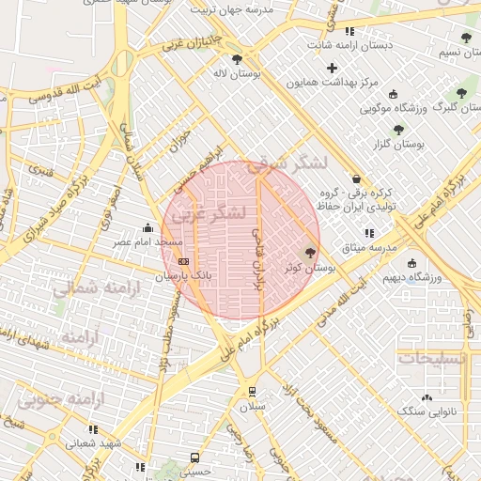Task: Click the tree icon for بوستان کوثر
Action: [311, 252]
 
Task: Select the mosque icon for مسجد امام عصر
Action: [147, 227]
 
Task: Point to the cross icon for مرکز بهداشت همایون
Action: [332, 67]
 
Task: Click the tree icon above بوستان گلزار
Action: [398, 130]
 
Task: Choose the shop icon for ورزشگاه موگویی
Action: [393, 94]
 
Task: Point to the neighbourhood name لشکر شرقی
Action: [287, 163]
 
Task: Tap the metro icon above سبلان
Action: [251, 392]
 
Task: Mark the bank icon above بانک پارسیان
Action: [182, 261]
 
